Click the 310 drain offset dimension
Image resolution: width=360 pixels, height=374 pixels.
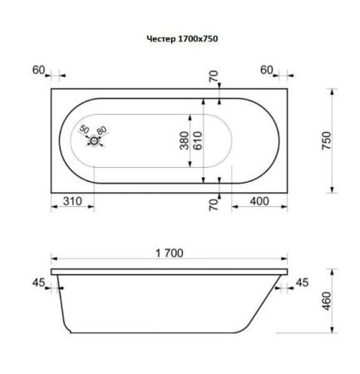coord(71,203)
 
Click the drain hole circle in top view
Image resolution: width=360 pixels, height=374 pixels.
coord(95,142)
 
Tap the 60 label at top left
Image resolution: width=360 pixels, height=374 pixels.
coord(39,70)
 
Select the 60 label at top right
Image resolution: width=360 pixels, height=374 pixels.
coord(266,70)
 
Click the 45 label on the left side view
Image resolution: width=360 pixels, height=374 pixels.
coord(38,283)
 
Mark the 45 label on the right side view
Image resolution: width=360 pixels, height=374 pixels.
coord(301,283)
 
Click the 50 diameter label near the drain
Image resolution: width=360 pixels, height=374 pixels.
coord(84,130)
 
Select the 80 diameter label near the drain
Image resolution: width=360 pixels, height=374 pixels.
coord(101,130)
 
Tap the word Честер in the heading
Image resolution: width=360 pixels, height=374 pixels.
coord(160,38)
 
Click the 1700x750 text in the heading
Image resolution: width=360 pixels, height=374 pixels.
coord(199,38)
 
